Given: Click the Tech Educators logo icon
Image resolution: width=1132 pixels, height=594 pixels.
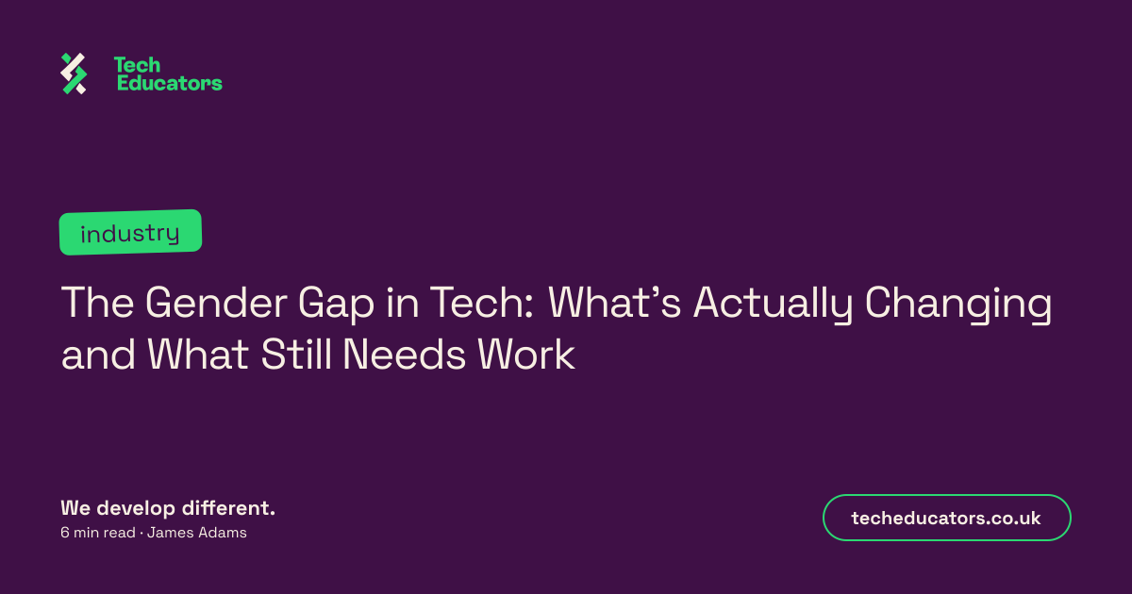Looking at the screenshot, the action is click(x=74, y=74).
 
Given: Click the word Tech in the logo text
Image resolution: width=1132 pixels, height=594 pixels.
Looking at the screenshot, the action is click(x=138, y=65).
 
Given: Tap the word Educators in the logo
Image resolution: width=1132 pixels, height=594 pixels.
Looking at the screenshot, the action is click(x=170, y=83).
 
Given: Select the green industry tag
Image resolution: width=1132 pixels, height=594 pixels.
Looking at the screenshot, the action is click(x=130, y=232).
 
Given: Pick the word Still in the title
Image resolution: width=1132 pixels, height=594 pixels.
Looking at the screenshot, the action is click(x=295, y=355).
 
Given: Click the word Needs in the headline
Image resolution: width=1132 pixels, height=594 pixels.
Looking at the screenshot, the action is click(x=404, y=355).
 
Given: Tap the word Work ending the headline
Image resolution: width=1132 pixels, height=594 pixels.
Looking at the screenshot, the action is click(x=526, y=355).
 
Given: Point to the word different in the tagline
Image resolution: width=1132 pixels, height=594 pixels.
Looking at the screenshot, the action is click(x=225, y=508).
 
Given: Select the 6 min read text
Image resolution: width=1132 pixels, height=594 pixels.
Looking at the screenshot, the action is click(x=98, y=533).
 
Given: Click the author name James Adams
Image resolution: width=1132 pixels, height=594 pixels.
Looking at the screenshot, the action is click(x=197, y=533).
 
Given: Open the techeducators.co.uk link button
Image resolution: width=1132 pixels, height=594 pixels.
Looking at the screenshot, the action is click(x=946, y=518).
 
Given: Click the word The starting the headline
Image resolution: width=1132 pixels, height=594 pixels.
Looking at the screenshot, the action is click(x=97, y=303).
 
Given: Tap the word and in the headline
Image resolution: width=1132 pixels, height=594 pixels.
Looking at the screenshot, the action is click(x=98, y=355).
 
